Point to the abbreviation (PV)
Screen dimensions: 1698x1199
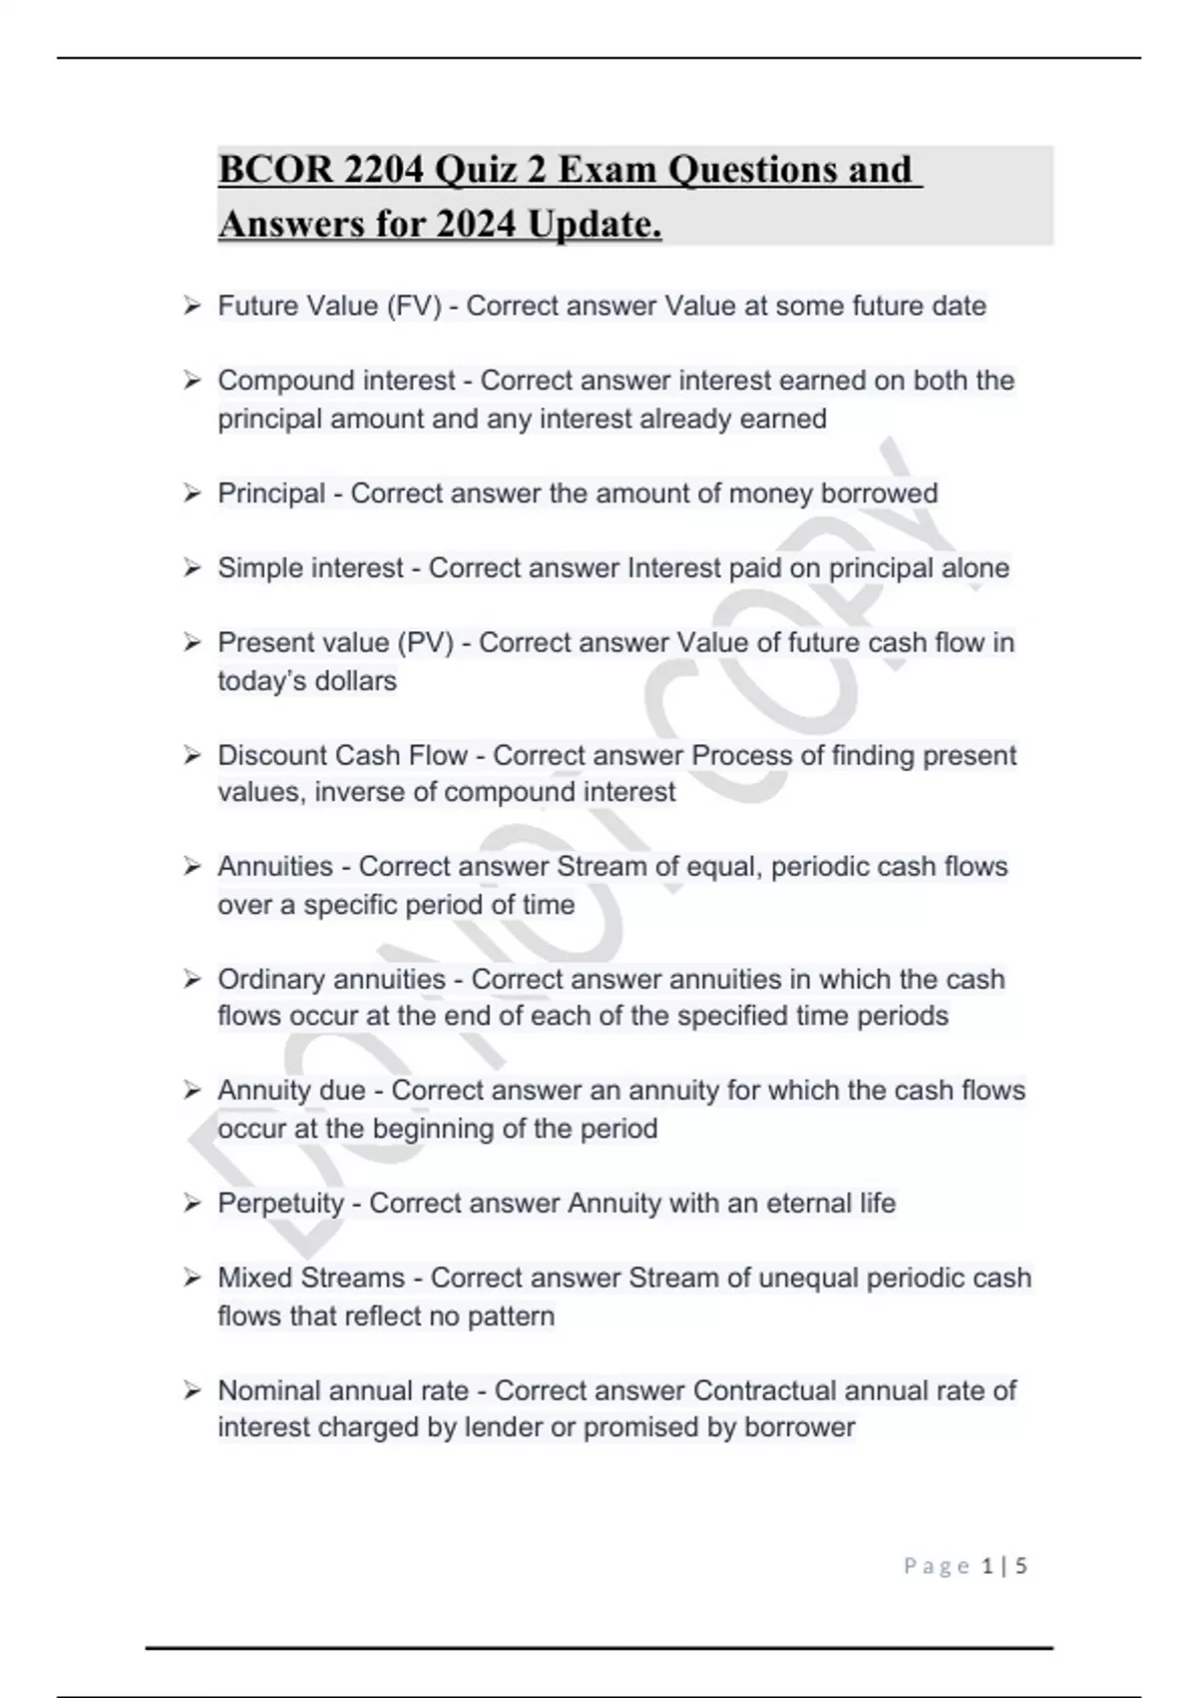click(x=426, y=642)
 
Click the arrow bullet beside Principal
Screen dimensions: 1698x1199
click(x=192, y=493)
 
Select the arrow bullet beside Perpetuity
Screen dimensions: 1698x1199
click(x=192, y=1204)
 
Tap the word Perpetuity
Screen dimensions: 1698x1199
click(x=281, y=1204)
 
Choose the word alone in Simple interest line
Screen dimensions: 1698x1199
click(x=975, y=568)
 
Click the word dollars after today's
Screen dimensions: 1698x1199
click(x=356, y=681)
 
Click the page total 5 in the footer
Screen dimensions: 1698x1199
click(x=1020, y=1566)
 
